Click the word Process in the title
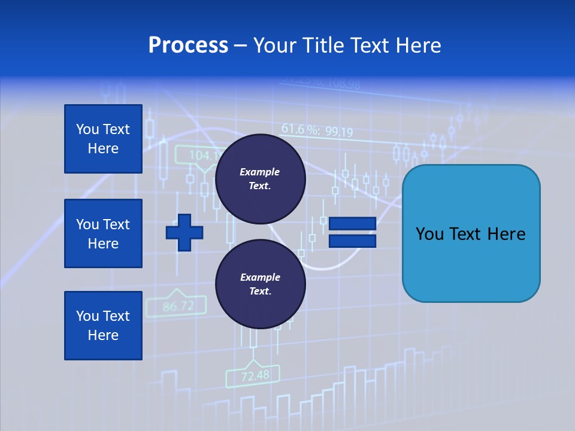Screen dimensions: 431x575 188,45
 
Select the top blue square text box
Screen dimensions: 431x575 103,139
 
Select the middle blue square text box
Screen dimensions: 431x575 103,233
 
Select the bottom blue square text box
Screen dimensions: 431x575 103,325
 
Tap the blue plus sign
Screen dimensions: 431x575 184,232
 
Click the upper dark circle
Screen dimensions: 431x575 260,179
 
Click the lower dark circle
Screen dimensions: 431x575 260,284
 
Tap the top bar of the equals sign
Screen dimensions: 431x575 352,223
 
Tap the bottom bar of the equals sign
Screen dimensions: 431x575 352,241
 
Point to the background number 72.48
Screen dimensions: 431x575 255,376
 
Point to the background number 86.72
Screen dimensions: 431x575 178,306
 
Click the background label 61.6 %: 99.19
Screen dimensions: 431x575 317,130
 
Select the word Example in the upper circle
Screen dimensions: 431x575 259,172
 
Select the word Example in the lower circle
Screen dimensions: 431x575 260,277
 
